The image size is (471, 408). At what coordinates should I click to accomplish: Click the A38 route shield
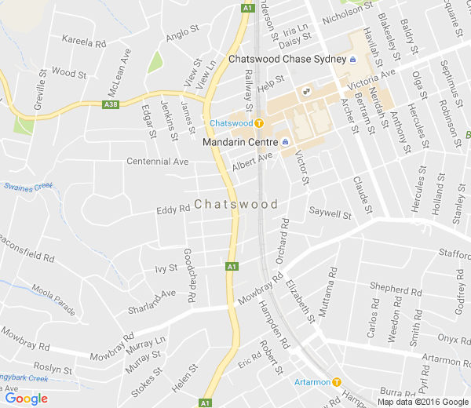coord(111,103)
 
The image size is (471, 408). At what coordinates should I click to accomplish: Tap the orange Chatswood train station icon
coord(259,123)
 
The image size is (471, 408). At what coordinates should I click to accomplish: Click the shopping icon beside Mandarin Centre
coord(285,142)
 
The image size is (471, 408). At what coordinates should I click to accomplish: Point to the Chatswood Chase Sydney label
coord(287,60)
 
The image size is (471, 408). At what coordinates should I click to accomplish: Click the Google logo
coord(26,398)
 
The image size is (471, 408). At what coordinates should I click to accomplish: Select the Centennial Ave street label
coord(158,162)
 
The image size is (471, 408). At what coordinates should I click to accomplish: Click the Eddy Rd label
coord(173,209)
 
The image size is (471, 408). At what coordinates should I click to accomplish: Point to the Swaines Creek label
coord(27,186)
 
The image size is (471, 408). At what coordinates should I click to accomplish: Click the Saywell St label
coord(330,213)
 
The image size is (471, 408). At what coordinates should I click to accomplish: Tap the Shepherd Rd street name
coord(389,290)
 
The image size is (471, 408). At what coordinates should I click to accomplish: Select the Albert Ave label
coord(252,162)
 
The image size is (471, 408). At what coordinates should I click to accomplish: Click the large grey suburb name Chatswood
coord(235,204)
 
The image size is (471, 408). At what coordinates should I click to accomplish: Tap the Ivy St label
coord(166,268)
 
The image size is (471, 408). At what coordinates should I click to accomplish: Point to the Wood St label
coord(68,73)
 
